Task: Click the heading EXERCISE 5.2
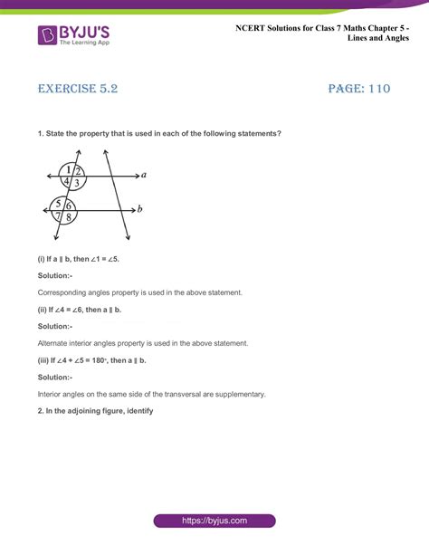pyautogui.click(x=78, y=90)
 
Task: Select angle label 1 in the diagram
pyautogui.click(x=68, y=169)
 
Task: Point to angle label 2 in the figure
pyautogui.click(x=79, y=170)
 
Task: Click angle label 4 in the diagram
pyautogui.click(x=66, y=182)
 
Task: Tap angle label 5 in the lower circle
pyautogui.click(x=58, y=204)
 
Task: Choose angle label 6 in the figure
pyautogui.click(x=69, y=205)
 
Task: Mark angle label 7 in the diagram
pyautogui.click(x=57, y=217)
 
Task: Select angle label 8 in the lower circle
pyautogui.click(x=68, y=217)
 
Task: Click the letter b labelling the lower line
pyautogui.click(x=139, y=209)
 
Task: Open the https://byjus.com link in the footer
pyautogui.click(x=214, y=522)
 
